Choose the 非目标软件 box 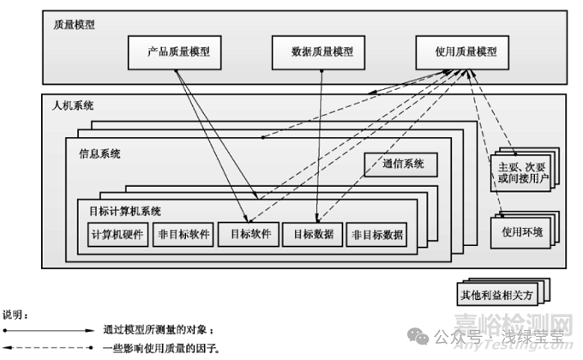pos(180,234)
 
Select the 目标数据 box pos(313,234)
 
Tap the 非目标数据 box pos(376,234)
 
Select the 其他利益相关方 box pos(497,295)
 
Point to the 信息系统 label pos(99,155)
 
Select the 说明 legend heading pos(16,315)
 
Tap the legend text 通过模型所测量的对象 pos(158,330)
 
